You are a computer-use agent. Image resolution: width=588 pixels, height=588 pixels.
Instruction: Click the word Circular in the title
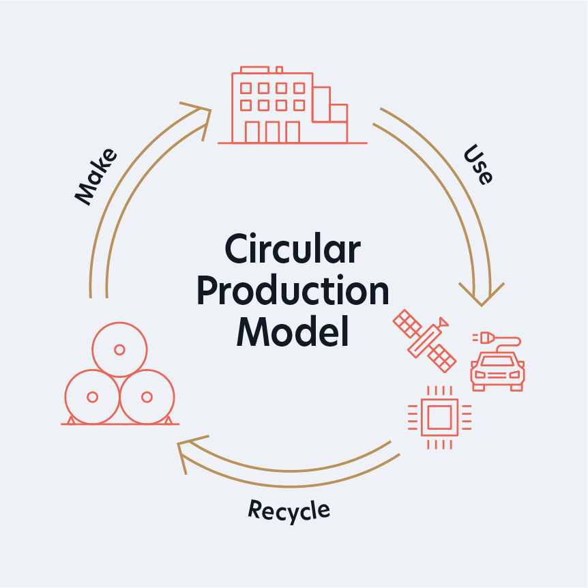point(293,249)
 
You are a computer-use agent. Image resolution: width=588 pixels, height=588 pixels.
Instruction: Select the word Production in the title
point(293,291)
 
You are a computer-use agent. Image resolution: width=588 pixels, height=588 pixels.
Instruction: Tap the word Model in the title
point(293,332)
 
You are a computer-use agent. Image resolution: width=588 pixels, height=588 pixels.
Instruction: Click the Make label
point(95,175)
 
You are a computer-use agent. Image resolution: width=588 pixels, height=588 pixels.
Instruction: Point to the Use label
point(477,164)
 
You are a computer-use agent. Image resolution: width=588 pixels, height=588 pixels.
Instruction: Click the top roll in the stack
point(119,349)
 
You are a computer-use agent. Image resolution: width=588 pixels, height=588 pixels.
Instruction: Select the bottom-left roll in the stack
point(92,396)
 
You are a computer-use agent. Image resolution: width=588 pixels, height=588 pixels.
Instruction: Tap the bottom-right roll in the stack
point(147,396)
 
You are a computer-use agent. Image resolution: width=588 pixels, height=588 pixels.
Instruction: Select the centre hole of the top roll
point(119,349)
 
